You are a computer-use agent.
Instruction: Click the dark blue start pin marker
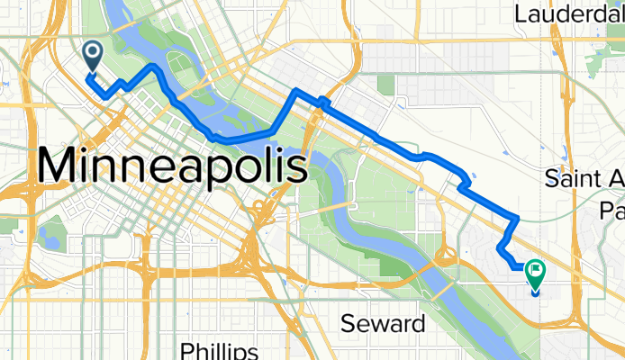click(93, 56)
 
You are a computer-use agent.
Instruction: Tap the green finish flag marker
click(536, 271)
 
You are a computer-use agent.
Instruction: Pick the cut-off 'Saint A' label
click(585, 178)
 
